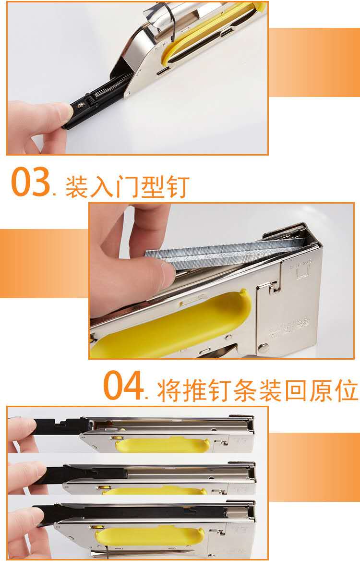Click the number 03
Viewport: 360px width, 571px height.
(x=31, y=182)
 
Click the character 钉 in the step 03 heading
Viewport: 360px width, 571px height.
(x=177, y=187)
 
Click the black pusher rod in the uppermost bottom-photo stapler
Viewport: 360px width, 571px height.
(x=60, y=425)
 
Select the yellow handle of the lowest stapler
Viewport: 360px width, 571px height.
(x=149, y=537)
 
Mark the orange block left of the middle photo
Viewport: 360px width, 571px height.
(x=44, y=263)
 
